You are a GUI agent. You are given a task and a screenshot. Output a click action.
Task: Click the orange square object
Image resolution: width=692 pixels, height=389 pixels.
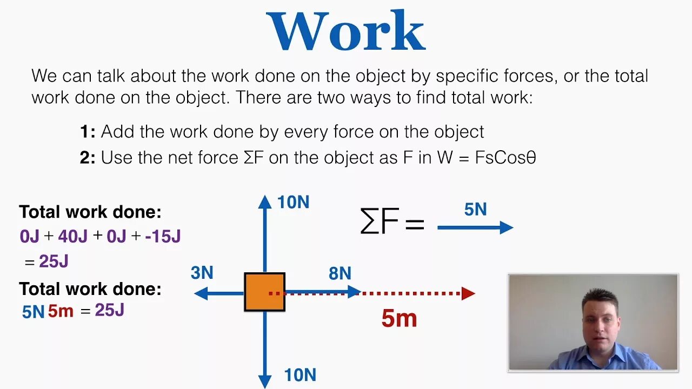pos(264,292)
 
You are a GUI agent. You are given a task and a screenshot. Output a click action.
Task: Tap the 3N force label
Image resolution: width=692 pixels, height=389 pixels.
pos(202,273)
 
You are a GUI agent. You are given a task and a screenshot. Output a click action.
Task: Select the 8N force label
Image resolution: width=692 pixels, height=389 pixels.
pos(340,273)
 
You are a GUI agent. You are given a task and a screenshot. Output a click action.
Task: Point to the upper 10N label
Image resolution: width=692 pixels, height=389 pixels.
pos(293,203)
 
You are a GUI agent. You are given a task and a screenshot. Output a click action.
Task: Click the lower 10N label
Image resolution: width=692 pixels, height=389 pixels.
pos(300,374)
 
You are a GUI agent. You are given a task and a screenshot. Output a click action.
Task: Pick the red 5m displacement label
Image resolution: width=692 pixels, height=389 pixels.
pos(399,319)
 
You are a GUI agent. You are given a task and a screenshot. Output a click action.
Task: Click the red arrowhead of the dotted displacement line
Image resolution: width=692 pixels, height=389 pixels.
pos(468,293)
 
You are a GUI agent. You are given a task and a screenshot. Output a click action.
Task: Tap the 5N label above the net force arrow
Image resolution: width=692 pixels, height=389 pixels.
pos(475,210)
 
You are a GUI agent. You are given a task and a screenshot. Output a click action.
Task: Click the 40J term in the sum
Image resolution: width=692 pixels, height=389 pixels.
pos(74,236)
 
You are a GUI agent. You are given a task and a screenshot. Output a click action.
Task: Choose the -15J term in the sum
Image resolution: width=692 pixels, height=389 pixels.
pos(162,236)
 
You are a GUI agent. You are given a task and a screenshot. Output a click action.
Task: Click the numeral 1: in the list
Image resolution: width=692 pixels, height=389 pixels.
pos(88,132)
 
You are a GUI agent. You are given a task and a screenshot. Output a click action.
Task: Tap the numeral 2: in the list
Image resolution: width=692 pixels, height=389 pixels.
pos(88,158)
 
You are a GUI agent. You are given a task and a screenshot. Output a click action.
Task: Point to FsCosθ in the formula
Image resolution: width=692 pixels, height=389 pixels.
pos(505,158)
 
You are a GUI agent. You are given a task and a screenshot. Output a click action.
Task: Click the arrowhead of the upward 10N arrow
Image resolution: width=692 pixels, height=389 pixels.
pos(264,202)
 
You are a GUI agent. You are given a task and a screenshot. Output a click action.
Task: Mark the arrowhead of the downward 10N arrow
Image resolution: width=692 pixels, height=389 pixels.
pos(264,381)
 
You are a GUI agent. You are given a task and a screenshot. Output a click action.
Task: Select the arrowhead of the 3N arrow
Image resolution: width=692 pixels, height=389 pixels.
pos(201,293)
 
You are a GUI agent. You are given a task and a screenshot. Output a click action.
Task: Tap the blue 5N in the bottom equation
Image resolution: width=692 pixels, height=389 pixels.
pos(33,312)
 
